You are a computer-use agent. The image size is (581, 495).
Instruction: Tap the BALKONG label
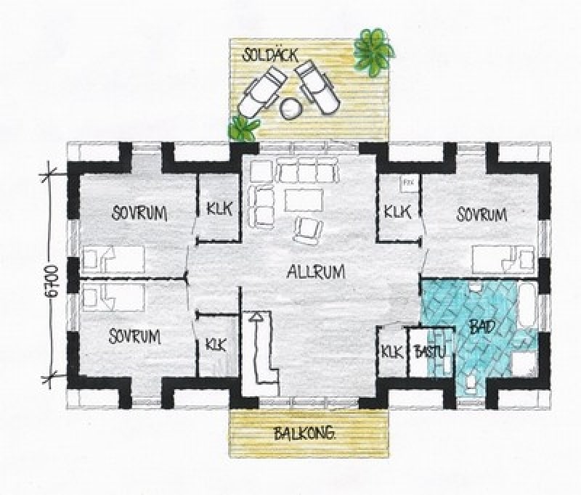304,433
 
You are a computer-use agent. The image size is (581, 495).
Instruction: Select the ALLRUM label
316,271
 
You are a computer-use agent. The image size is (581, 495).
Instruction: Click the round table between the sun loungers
291,107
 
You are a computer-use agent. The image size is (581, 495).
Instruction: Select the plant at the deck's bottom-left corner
243,128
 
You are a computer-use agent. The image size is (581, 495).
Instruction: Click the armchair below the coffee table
308,231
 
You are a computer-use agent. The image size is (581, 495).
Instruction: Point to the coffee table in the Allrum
304,200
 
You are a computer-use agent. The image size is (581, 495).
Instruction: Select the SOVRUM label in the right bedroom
482,214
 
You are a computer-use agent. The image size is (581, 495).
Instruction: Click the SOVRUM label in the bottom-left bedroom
135,336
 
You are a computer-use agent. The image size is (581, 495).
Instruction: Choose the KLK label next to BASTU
392,351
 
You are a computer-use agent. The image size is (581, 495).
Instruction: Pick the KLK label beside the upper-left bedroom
220,208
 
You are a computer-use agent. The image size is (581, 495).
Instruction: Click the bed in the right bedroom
503,258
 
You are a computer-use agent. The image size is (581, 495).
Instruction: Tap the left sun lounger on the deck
262,92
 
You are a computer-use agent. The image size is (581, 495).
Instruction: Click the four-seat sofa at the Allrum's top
308,170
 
